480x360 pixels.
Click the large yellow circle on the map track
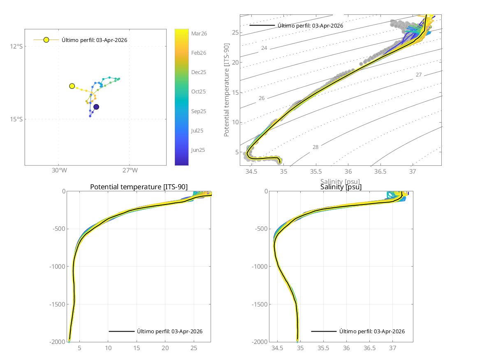[72, 86]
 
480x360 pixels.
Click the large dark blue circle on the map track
[96, 107]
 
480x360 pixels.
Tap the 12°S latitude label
[17, 46]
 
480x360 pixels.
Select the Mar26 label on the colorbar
[199, 34]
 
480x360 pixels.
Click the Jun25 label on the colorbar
[198, 150]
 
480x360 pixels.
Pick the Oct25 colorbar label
[199, 92]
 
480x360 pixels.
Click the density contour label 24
[264, 49]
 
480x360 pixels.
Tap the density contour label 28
[315, 147]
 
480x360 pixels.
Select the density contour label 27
[419, 75]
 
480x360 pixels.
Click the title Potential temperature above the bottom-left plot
[139, 187]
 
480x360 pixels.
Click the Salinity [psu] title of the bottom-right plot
[341, 187]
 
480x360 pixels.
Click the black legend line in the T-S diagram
[262, 26]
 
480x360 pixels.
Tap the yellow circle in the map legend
[46, 40]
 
